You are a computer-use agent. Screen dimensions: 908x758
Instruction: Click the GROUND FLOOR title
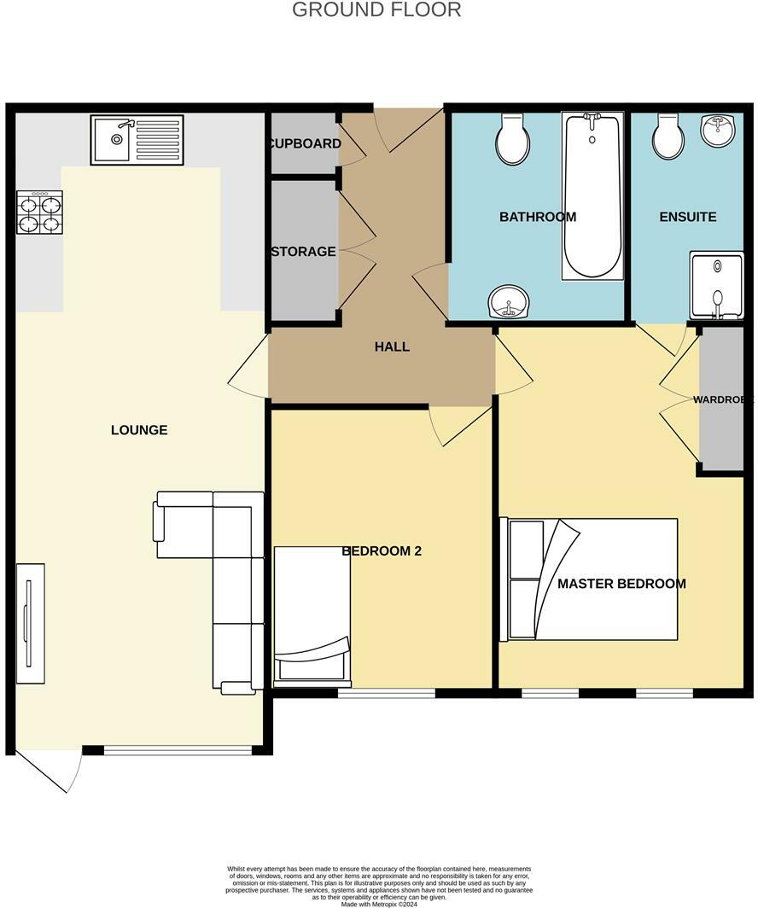pyautogui.click(x=376, y=10)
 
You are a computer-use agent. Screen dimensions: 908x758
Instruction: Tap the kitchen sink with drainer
pyautogui.click(x=137, y=141)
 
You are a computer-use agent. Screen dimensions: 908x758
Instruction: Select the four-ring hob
pyautogui.click(x=39, y=212)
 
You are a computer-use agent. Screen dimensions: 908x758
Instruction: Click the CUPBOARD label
pyautogui.click(x=306, y=143)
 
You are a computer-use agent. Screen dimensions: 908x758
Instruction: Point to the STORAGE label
pyautogui.click(x=303, y=252)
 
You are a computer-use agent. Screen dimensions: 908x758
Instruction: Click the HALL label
pyautogui.click(x=392, y=346)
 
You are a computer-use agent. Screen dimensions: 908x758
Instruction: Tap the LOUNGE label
pyautogui.click(x=139, y=430)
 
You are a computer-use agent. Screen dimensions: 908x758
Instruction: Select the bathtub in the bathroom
pyautogui.click(x=591, y=196)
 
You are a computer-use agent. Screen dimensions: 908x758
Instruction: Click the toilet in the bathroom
pyautogui.click(x=513, y=140)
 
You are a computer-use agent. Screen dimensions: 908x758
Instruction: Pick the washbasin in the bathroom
pyautogui.click(x=510, y=302)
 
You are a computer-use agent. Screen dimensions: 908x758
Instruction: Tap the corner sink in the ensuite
pyautogui.click(x=720, y=130)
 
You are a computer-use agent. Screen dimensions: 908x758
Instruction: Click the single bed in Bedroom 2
pyautogui.click(x=312, y=616)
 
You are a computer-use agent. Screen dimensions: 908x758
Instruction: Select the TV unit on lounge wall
pyautogui.click(x=31, y=623)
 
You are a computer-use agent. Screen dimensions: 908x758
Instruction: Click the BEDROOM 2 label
pyautogui.click(x=382, y=551)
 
